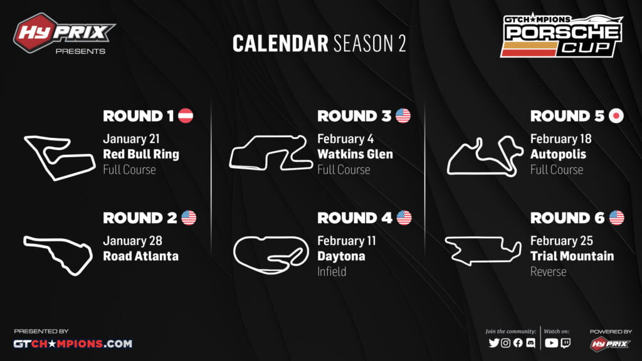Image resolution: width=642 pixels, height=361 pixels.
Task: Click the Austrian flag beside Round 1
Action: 186,116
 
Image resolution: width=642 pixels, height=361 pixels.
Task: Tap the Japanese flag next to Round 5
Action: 616,116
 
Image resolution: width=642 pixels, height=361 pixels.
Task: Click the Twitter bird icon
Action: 494,343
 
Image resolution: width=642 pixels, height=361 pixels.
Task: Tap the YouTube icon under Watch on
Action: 551,343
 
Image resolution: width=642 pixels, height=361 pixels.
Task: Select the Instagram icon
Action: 506,343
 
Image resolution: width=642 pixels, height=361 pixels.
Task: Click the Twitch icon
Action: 566,343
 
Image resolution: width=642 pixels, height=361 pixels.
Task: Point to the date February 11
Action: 346,241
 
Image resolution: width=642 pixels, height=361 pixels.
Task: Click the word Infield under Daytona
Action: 332,271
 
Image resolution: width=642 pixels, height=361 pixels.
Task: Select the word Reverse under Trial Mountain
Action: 548,271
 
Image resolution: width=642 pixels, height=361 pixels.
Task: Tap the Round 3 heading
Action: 354,116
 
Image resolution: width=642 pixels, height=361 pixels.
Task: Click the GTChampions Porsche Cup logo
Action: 561,35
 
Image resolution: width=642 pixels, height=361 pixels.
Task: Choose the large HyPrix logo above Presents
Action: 63,33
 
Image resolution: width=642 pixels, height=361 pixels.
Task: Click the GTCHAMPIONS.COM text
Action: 73,343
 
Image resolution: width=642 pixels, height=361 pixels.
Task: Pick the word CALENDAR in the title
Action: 280,43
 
